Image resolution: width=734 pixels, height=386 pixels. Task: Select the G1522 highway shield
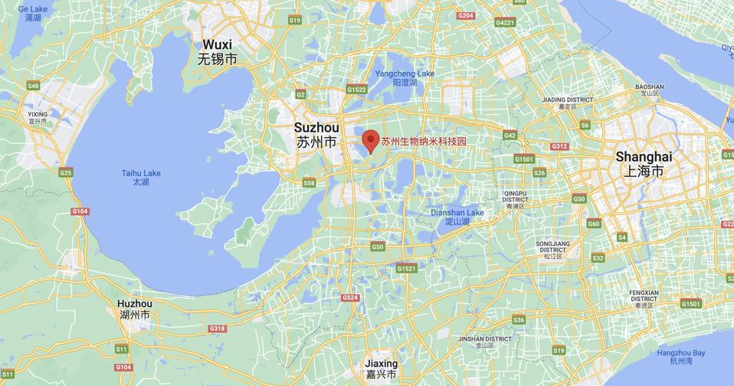click(x=357, y=90)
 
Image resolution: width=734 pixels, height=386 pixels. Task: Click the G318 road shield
click(x=218, y=329)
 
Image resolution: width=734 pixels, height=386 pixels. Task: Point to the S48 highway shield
click(x=33, y=86)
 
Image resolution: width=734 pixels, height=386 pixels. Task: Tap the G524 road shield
click(x=351, y=297)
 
